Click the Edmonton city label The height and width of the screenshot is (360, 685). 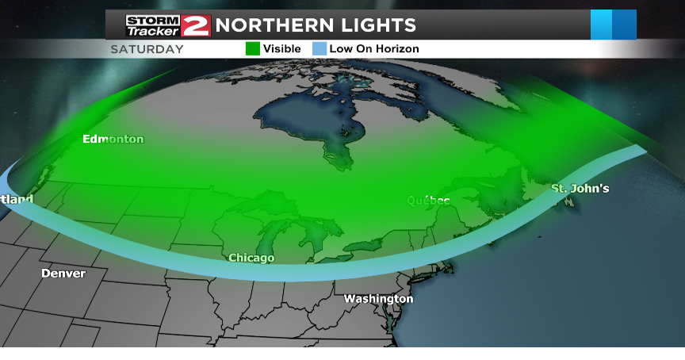[113, 140]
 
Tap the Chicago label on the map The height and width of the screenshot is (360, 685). [251, 258]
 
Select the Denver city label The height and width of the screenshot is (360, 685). [63, 274]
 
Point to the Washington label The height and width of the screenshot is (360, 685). [378, 299]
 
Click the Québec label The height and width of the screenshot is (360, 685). [429, 201]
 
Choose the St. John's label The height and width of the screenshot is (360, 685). [580, 189]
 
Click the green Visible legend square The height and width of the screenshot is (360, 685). [252, 48]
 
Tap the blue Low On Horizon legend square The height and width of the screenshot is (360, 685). [319, 48]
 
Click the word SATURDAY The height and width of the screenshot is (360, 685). [147, 49]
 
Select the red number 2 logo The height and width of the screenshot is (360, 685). [195, 25]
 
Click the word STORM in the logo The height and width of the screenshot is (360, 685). [153, 20]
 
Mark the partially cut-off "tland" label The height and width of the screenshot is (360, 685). [16, 199]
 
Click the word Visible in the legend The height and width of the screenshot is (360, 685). [282, 49]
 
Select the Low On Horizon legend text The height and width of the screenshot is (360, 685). [374, 49]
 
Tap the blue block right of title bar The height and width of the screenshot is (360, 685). [613, 25]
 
